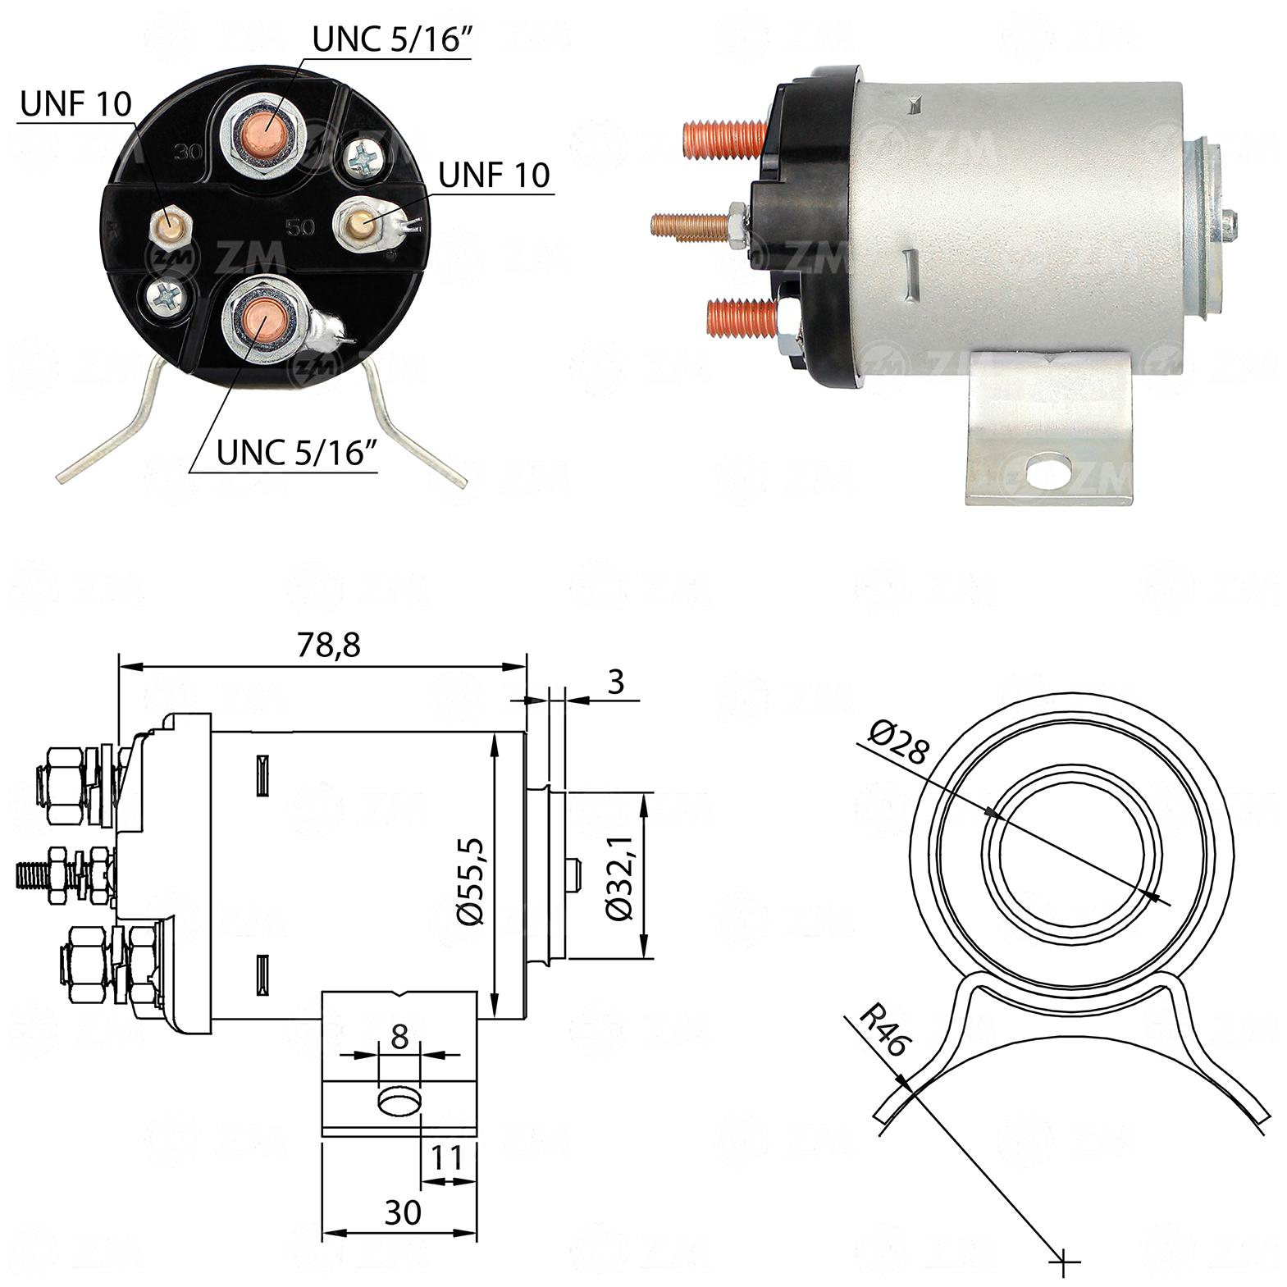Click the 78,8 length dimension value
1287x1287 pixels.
coord(328,646)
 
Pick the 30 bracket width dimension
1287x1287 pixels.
coord(403,1212)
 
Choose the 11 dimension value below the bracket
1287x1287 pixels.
coord(447,1158)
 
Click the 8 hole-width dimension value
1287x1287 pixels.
coord(399,1038)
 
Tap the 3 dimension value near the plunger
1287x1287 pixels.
coord(617,682)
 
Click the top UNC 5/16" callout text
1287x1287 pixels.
coord(392,40)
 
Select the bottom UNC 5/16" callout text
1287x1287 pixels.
coord(297,452)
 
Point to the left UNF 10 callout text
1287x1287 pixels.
coord(75,104)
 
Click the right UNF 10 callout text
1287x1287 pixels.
coord(494,175)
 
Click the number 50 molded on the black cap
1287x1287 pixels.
coord(299,227)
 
